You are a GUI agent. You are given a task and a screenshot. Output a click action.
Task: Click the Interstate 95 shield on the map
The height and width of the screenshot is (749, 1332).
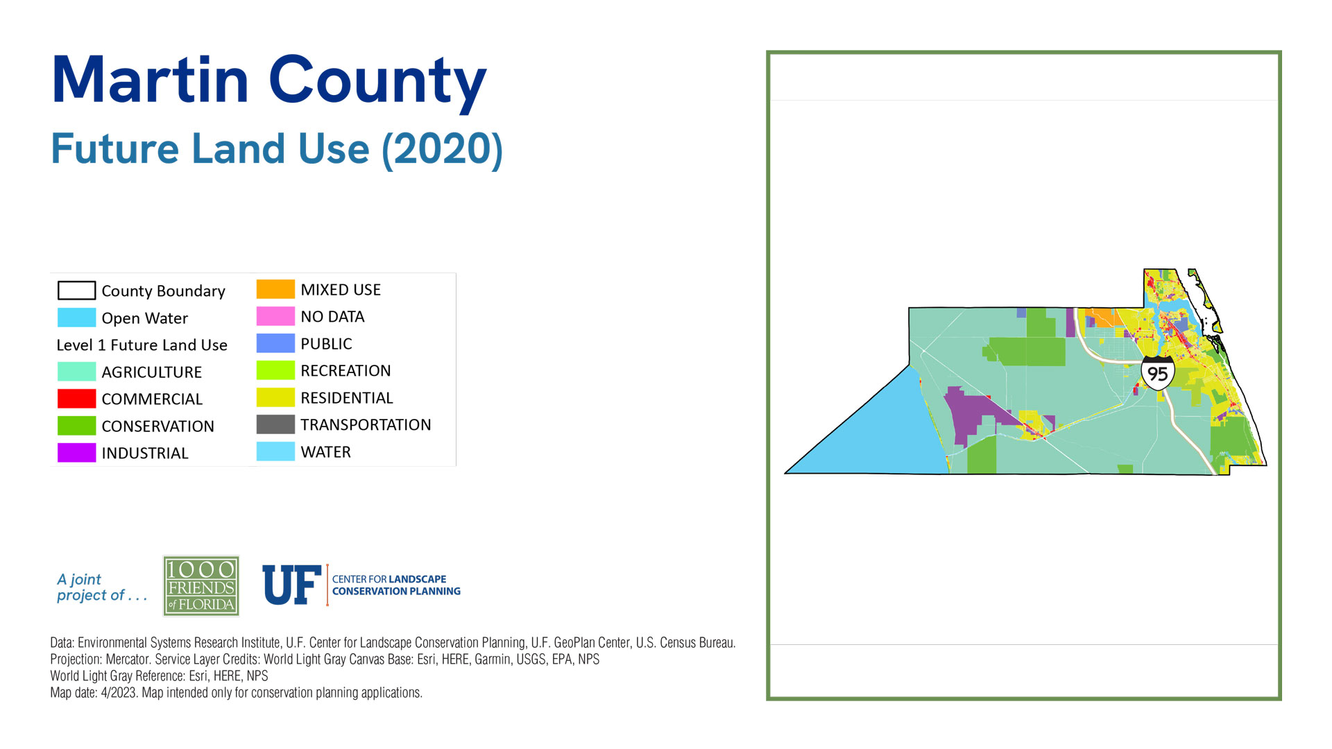click(x=1157, y=373)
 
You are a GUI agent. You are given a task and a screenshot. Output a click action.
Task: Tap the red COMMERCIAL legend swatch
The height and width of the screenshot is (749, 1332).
click(x=76, y=399)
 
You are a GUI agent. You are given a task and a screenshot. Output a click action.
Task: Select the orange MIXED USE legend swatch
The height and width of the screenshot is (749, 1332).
click(x=275, y=289)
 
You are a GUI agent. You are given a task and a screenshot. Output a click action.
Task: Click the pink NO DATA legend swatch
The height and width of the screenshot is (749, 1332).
click(x=275, y=316)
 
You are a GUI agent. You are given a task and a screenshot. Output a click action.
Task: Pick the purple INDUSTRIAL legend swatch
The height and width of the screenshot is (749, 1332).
click(x=76, y=453)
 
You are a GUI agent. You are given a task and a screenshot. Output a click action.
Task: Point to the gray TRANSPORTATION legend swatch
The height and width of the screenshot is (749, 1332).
click(x=275, y=424)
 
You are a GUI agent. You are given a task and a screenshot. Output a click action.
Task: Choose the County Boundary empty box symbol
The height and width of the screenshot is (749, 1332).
click(x=76, y=290)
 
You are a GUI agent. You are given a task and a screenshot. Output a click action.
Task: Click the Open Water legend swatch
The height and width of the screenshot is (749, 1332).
click(x=76, y=318)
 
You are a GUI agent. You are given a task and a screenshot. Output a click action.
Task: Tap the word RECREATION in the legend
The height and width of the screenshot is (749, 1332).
click(x=345, y=371)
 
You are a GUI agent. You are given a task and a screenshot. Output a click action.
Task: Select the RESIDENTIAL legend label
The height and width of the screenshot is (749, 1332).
click(x=347, y=398)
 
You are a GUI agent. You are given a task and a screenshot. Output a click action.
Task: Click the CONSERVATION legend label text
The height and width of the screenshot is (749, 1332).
click(x=158, y=427)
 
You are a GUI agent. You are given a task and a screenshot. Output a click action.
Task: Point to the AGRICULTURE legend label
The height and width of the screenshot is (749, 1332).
click(x=152, y=372)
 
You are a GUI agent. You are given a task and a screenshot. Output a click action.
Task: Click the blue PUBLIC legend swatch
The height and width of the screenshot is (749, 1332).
click(x=275, y=343)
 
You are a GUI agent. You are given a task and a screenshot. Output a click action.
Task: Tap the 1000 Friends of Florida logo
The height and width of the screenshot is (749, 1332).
click(x=201, y=586)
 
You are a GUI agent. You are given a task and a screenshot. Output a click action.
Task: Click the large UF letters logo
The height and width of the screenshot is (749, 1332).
click(x=292, y=585)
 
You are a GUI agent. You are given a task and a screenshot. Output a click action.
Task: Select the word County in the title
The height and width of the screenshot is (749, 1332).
click(x=377, y=83)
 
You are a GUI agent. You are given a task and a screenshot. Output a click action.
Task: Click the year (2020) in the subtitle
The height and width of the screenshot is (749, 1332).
click(x=443, y=149)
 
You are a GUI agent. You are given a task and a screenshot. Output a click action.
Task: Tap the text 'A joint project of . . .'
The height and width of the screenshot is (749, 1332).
click(x=102, y=587)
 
